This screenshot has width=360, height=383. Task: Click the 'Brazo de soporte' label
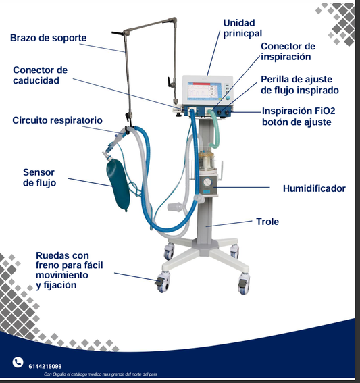[49, 38]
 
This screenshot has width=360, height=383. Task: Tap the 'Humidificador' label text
[314, 188]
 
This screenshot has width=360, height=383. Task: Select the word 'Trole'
[267, 222]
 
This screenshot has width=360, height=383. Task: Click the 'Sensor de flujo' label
[39, 178]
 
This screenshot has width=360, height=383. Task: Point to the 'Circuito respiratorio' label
[57, 120]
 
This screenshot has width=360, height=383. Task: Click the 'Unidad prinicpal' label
[242, 28]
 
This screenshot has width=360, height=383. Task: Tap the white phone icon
[18, 362]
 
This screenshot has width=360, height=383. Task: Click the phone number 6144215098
[45, 366]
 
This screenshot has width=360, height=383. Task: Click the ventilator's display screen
[205, 91]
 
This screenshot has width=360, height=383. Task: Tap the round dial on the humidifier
[207, 182]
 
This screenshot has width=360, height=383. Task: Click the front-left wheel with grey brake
[162, 283]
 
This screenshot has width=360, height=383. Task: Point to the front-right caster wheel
[244, 284]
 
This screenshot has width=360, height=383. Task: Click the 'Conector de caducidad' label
[41, 75]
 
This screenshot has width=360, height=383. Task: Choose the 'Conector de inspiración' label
[288, 51]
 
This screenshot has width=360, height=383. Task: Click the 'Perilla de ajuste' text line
[297, 80]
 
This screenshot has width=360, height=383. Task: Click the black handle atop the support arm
[118, 32]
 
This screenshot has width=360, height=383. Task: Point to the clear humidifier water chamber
[207, 161]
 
